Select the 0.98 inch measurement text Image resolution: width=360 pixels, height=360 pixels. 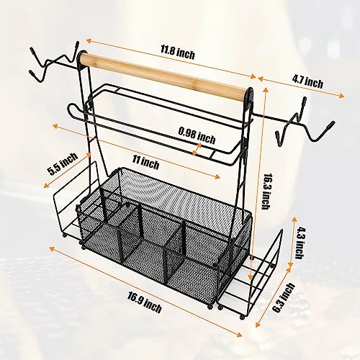click(197, 132)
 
